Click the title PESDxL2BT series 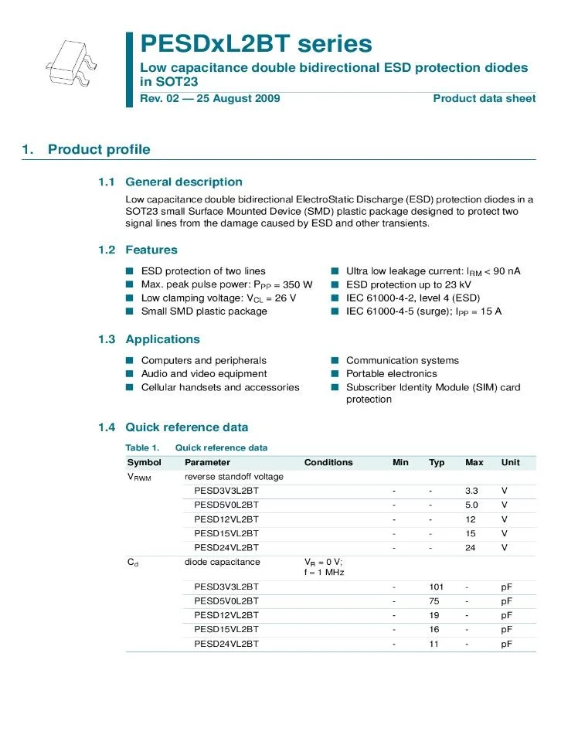click(256, 43)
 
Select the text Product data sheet click(484, 98)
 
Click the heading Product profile click(99, 149)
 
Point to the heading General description click(183, 182)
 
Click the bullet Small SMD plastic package click(204, 311)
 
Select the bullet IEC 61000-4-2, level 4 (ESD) click(413, 298)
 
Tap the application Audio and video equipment click(203, 374)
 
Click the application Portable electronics click(391, 374)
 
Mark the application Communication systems click(402, 360)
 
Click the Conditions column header click(328, 462)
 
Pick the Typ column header click(437, 462)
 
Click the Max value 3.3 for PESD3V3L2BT click(471, 491)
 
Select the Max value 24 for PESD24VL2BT click(471, 547)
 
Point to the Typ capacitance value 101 click(436, 587)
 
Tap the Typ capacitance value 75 click(434, 601)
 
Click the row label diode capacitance click(223, 562)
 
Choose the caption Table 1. click(142, 447)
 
